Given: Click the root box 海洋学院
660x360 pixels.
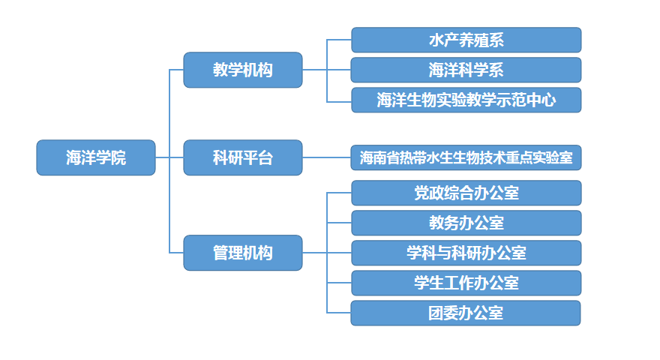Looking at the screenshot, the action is (x=96, y=157).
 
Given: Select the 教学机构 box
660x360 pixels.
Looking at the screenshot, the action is (x=243, y=70).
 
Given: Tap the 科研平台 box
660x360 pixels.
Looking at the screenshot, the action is (x=243, y=157).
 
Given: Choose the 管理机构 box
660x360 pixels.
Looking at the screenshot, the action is (x=243, y=253).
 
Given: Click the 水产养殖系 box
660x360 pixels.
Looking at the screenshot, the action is (x=466, y=40).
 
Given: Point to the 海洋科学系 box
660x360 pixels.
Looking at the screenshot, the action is (x=466, y=70).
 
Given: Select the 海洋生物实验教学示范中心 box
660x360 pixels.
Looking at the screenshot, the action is (x=466, y=100).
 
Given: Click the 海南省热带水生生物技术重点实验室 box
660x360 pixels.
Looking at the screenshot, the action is (x=466, y=157).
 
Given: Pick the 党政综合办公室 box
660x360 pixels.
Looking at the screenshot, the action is (x=466, y=193).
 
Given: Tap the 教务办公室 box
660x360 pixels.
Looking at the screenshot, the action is (x=466, y=223).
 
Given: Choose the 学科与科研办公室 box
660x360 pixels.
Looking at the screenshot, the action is (x=466, y=253).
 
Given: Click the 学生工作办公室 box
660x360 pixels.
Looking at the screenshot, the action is (x=466, y=283).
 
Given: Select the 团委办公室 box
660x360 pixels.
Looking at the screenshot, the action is (x=466, y=313).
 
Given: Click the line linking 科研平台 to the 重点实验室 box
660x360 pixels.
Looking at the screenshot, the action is (x=327, y=157).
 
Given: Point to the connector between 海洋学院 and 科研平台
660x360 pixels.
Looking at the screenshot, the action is (x=169, y=157).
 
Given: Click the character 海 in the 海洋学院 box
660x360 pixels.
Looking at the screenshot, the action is (x=73, y=157).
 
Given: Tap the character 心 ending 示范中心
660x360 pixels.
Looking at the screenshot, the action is (x=548, y=100).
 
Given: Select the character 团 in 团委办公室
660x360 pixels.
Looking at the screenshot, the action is (x=436, y=313).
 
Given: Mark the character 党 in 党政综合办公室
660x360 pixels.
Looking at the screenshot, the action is (x=421, y=193).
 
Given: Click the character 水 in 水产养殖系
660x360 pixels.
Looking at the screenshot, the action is (x=436, y=40).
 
